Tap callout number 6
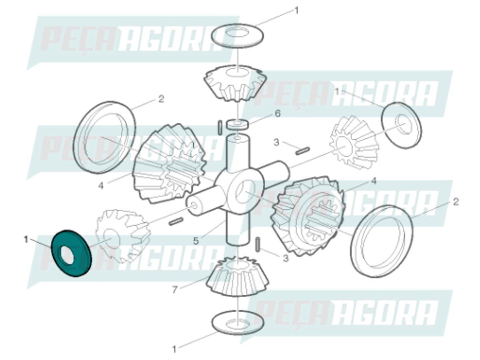(277, 114)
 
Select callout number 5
(196, 241)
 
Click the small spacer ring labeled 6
(237, 124)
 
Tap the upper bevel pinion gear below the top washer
(236, 84)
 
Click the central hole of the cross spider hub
(245, 192)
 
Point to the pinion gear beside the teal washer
(122, 236)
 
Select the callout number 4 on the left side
(101, 186)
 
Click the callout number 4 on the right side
(373, 181)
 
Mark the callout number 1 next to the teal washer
(26, 240)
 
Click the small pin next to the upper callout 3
(303, 151)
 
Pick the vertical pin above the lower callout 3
(258, 245)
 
